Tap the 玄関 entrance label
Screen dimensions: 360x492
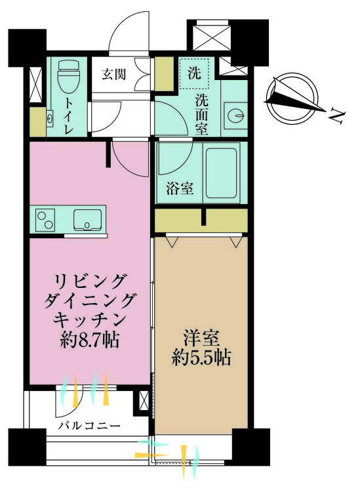[x=114, y=75]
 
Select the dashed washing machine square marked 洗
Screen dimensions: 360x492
[x=194, y=73]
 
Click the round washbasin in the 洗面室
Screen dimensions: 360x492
[x=236, y=115]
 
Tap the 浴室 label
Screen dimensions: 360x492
[x=180, y=189]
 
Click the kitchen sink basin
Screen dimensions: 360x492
[x=87, y=219]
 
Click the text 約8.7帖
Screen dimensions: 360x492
[x=90, y=340]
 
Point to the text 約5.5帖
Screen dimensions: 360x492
[x=201, y=358]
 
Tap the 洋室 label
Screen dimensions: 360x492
[x=201, y=338]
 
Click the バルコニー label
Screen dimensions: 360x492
[x=90, y=426]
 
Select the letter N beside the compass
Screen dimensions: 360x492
[x=338, y=117]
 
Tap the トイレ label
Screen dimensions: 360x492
[x=68, y=115]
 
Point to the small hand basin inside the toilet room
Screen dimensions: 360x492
[x=50, y=118]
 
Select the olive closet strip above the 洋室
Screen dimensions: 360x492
[x=201, y=220]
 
